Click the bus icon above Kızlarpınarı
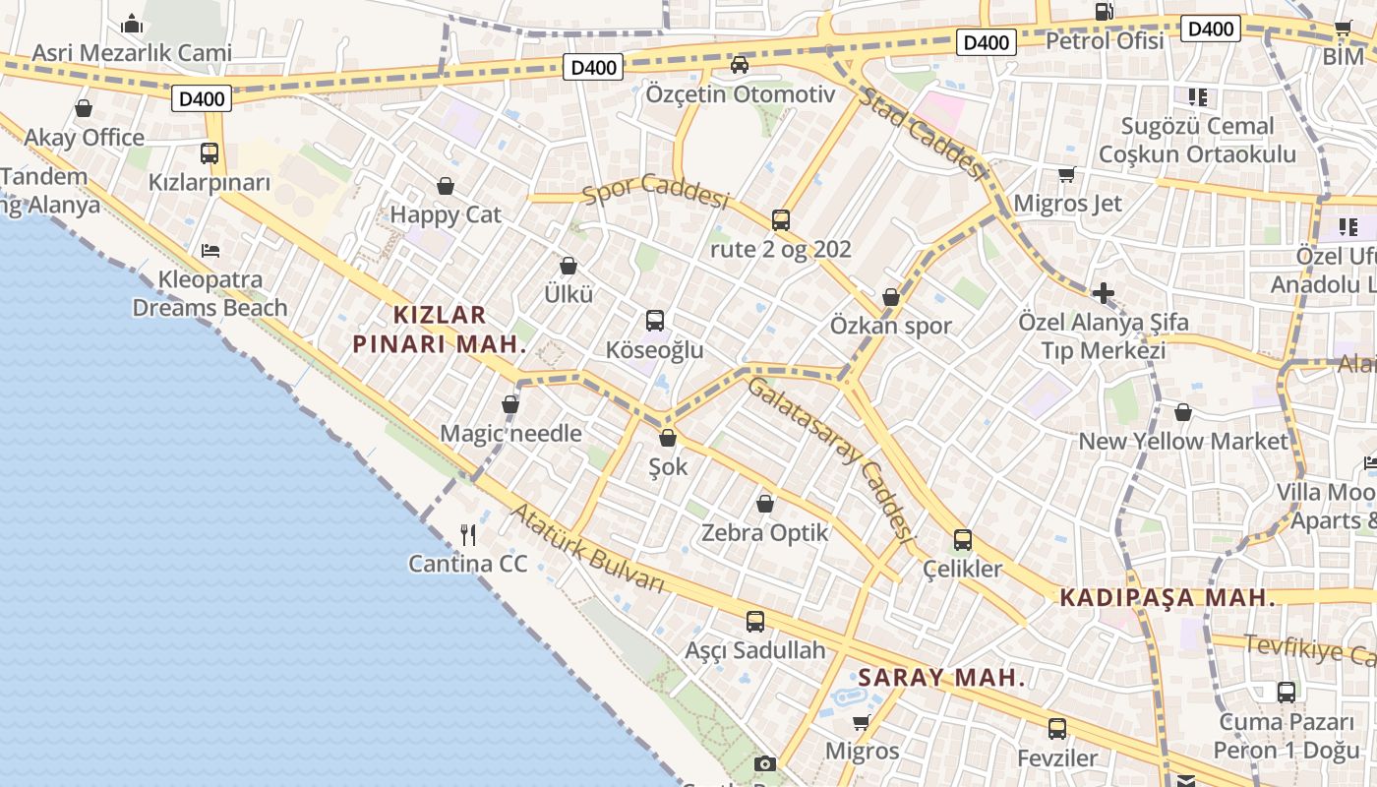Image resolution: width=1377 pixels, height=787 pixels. (210, 153)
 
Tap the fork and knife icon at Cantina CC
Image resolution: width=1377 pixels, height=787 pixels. (468, 535)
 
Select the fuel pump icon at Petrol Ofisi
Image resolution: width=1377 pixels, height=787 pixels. (1105, 12)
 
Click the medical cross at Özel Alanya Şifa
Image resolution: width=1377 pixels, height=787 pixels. (1104, 293)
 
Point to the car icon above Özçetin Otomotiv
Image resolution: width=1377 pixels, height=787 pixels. (740, 65)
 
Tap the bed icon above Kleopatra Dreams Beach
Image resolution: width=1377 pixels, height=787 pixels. (210, 251)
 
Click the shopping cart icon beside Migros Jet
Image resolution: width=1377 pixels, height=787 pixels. (1066, 175)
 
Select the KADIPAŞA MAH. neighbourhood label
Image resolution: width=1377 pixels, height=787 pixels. (1167, 597)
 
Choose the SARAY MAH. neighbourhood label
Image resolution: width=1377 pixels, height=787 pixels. (941, 678)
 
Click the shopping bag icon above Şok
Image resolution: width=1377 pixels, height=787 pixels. (668, 438)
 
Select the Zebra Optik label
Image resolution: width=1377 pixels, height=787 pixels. (765, 533)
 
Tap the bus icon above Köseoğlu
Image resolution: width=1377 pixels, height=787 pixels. (655, 321)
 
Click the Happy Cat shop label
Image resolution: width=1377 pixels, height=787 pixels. (446, 214)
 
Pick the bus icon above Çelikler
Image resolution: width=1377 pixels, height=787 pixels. (962, 540)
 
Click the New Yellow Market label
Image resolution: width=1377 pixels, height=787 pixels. (1183, 441)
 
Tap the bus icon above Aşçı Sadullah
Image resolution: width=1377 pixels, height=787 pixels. (754, 622)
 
